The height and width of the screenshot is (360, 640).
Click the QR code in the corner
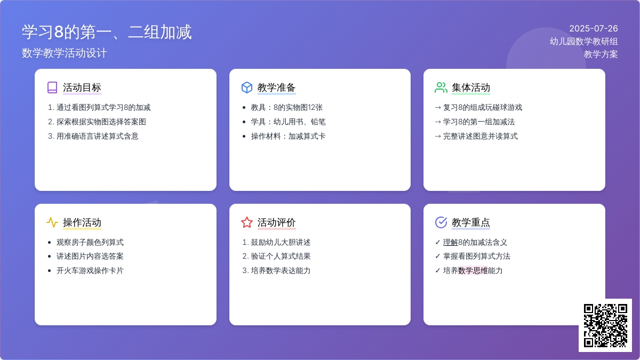[x=605, y=325]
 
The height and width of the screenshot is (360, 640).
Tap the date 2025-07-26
[x=594, y=29]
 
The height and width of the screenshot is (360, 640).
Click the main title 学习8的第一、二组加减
[x=107, y=31]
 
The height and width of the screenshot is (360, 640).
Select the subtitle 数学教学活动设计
[x=65, y=53]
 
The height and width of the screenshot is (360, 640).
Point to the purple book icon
[x=52, y=87]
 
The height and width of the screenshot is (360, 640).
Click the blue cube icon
[x=247, y=87]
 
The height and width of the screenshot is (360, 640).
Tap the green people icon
[x=441, y=87]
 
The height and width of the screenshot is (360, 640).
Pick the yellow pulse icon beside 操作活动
[x=52, y=222]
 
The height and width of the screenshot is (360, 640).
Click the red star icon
[x=247, y=222]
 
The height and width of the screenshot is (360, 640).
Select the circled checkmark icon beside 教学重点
[x=441, y=222]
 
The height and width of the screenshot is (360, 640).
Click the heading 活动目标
[x=82, y=87]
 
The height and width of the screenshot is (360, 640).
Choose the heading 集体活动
[x=471, y=87]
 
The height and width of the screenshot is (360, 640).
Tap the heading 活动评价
[x=276, y=222]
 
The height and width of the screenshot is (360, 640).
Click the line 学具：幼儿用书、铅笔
[x=288, y=122]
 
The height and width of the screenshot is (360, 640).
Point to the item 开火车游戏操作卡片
[x=90, y=270]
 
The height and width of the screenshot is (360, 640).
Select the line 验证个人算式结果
[x=281, y=257]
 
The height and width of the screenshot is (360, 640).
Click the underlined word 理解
[x=451, y=242]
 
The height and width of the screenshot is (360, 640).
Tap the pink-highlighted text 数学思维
[x=473, y=270]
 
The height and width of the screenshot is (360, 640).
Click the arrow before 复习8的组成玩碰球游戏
[x=438, y=108]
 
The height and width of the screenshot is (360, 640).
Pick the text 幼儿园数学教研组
[x=583, y=42]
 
